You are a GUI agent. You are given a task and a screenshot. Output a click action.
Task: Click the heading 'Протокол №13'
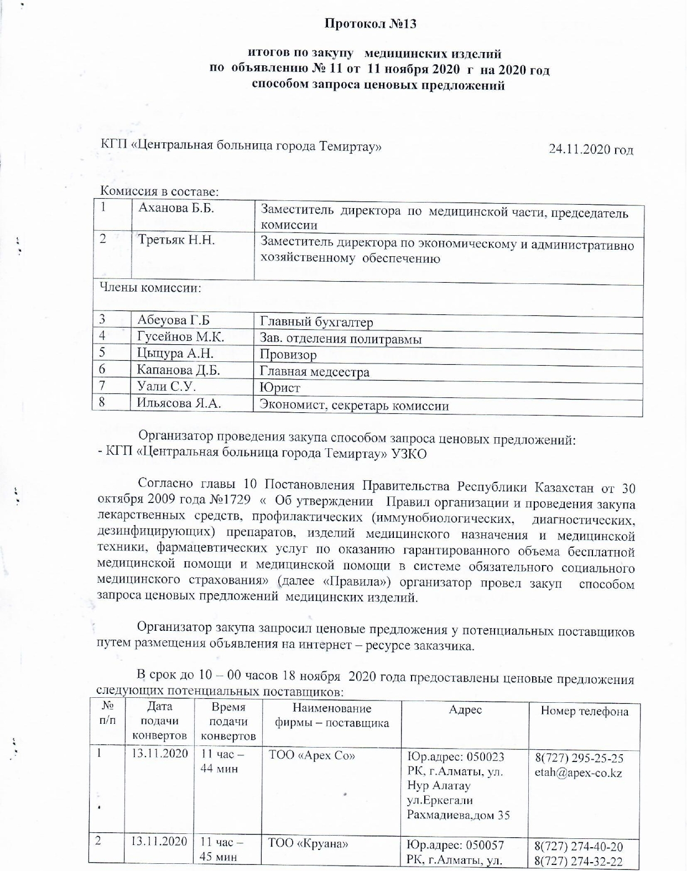point(369,24)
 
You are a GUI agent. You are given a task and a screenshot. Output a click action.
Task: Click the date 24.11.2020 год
point(590,149)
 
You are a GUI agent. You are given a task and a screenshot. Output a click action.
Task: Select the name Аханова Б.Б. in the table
point(176,209)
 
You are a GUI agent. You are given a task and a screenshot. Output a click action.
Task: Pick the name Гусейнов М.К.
point(180,336)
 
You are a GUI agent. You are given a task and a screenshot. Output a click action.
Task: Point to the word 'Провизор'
point(288,355)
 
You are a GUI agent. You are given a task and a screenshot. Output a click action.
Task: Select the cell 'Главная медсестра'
point(314,372)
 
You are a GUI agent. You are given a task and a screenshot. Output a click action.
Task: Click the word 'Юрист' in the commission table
point(280,388)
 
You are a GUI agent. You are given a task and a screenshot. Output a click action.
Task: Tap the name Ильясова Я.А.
point(179,403)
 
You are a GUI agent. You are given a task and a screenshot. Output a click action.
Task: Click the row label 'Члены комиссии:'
point(150,288)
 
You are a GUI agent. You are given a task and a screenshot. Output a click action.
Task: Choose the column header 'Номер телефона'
point(584,712)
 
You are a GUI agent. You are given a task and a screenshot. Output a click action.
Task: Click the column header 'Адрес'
point(465,710)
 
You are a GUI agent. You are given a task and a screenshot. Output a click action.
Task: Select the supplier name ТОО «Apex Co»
point(311,755)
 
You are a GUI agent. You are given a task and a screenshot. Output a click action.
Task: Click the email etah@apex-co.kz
point(578,773)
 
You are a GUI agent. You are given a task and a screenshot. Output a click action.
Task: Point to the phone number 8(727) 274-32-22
point(579,862)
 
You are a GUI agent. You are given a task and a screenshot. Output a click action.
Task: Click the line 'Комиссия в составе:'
point(159,191)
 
